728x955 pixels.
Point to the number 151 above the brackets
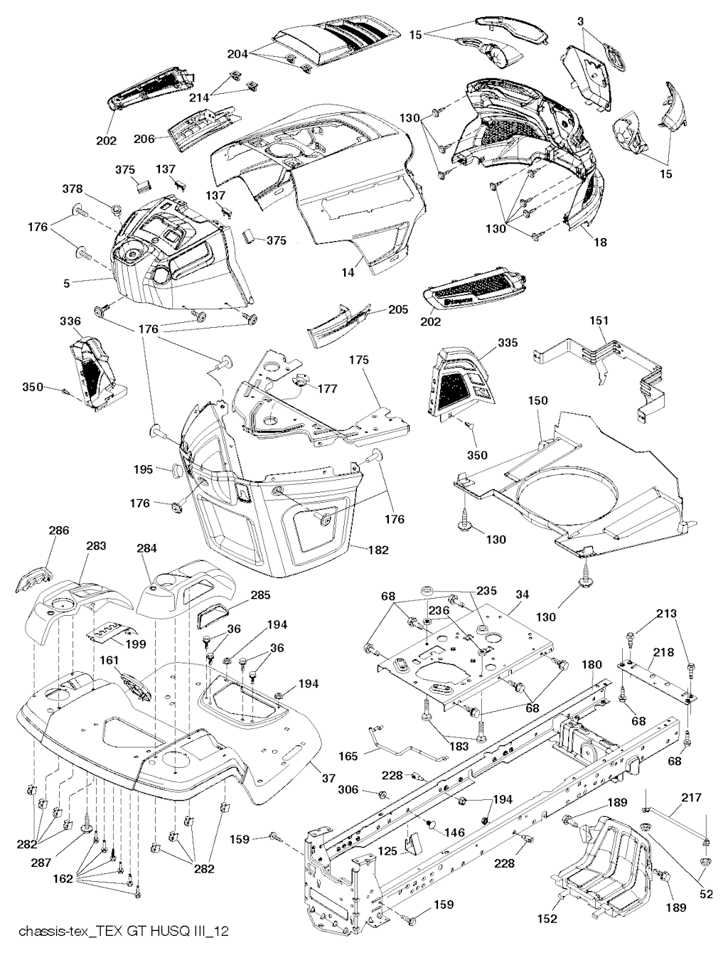click(x=599, y=321)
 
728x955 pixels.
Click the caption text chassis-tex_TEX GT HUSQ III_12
click(x=124, y=931)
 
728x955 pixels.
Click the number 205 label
click(x=399, y=309)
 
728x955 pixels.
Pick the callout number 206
click(x=144, y=139)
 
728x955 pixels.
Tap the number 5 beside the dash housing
click(x=66, y=283)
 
